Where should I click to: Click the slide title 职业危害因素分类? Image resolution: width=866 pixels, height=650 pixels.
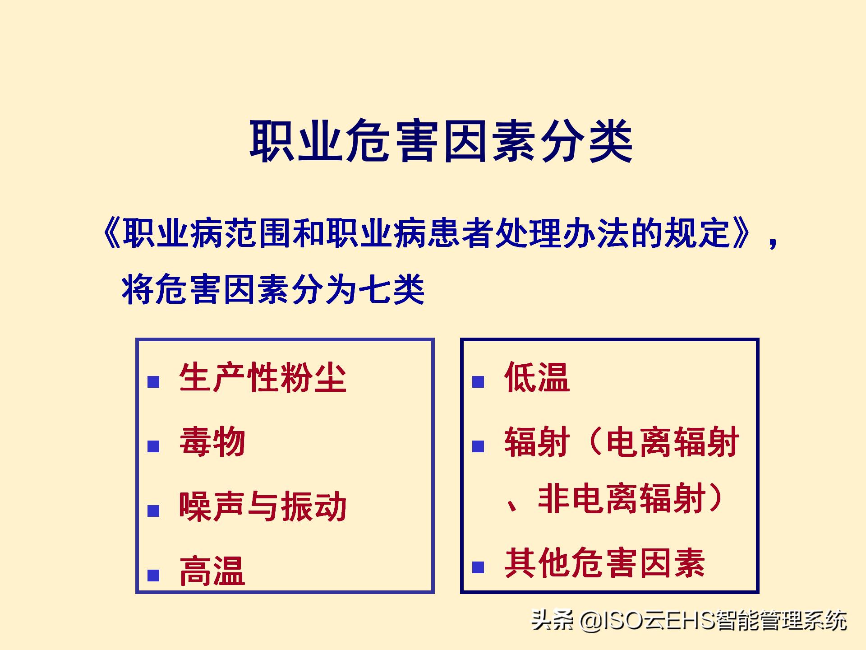(441, 141)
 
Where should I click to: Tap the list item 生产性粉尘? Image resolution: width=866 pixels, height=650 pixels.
(263, 378)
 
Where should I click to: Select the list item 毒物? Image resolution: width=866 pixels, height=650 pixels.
(212, 442)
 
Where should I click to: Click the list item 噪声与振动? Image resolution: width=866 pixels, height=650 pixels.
(263, 506)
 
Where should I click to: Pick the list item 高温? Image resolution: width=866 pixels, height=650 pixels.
(212, 571)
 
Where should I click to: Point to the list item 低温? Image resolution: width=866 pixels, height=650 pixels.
(537, 377)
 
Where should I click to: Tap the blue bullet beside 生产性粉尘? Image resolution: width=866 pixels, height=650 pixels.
(153, 382)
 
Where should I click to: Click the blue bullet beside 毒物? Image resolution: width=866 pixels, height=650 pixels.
(153, 446)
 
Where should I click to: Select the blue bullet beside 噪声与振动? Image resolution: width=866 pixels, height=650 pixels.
(153, 511)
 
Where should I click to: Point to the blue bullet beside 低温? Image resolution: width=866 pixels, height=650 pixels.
(478, 382)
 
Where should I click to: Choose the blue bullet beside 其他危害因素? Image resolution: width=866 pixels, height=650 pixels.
(478, 567)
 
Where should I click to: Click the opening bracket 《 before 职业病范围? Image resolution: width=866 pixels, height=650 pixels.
(111, 234)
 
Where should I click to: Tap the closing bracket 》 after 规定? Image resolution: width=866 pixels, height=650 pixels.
(742, 234)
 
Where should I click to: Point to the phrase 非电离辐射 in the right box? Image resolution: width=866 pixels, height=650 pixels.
(622, 499)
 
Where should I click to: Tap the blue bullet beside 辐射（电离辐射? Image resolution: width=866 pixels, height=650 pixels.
(478, 446)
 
